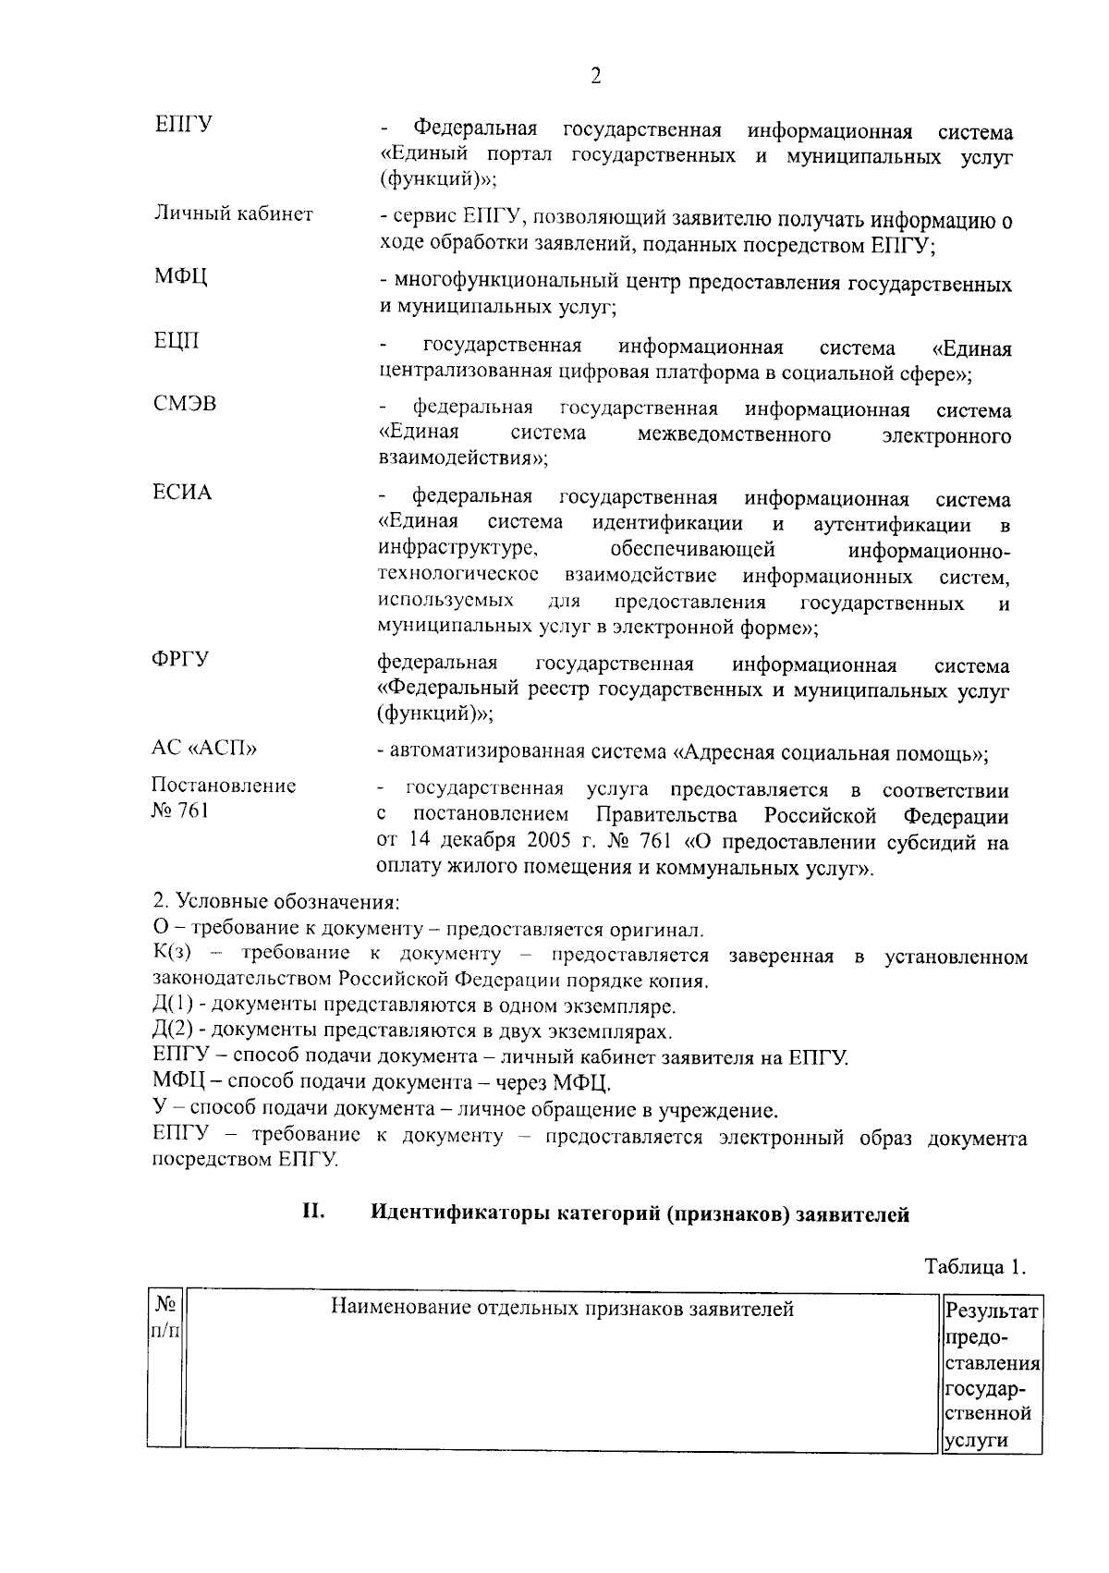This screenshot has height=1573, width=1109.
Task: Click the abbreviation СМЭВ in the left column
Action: [x=185, y=404]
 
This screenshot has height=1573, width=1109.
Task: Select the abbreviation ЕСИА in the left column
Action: [x=182, y=493]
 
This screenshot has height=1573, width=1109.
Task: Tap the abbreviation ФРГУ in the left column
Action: [x=180, y=659]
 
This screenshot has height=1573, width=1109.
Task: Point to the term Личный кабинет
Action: [x=232, y=214]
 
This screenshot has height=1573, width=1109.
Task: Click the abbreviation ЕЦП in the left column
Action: [x=176, y=342]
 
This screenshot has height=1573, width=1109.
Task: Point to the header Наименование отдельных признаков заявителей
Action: [x=562, y=1308]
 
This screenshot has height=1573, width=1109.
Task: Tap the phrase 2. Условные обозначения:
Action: [x=275, y=900]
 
